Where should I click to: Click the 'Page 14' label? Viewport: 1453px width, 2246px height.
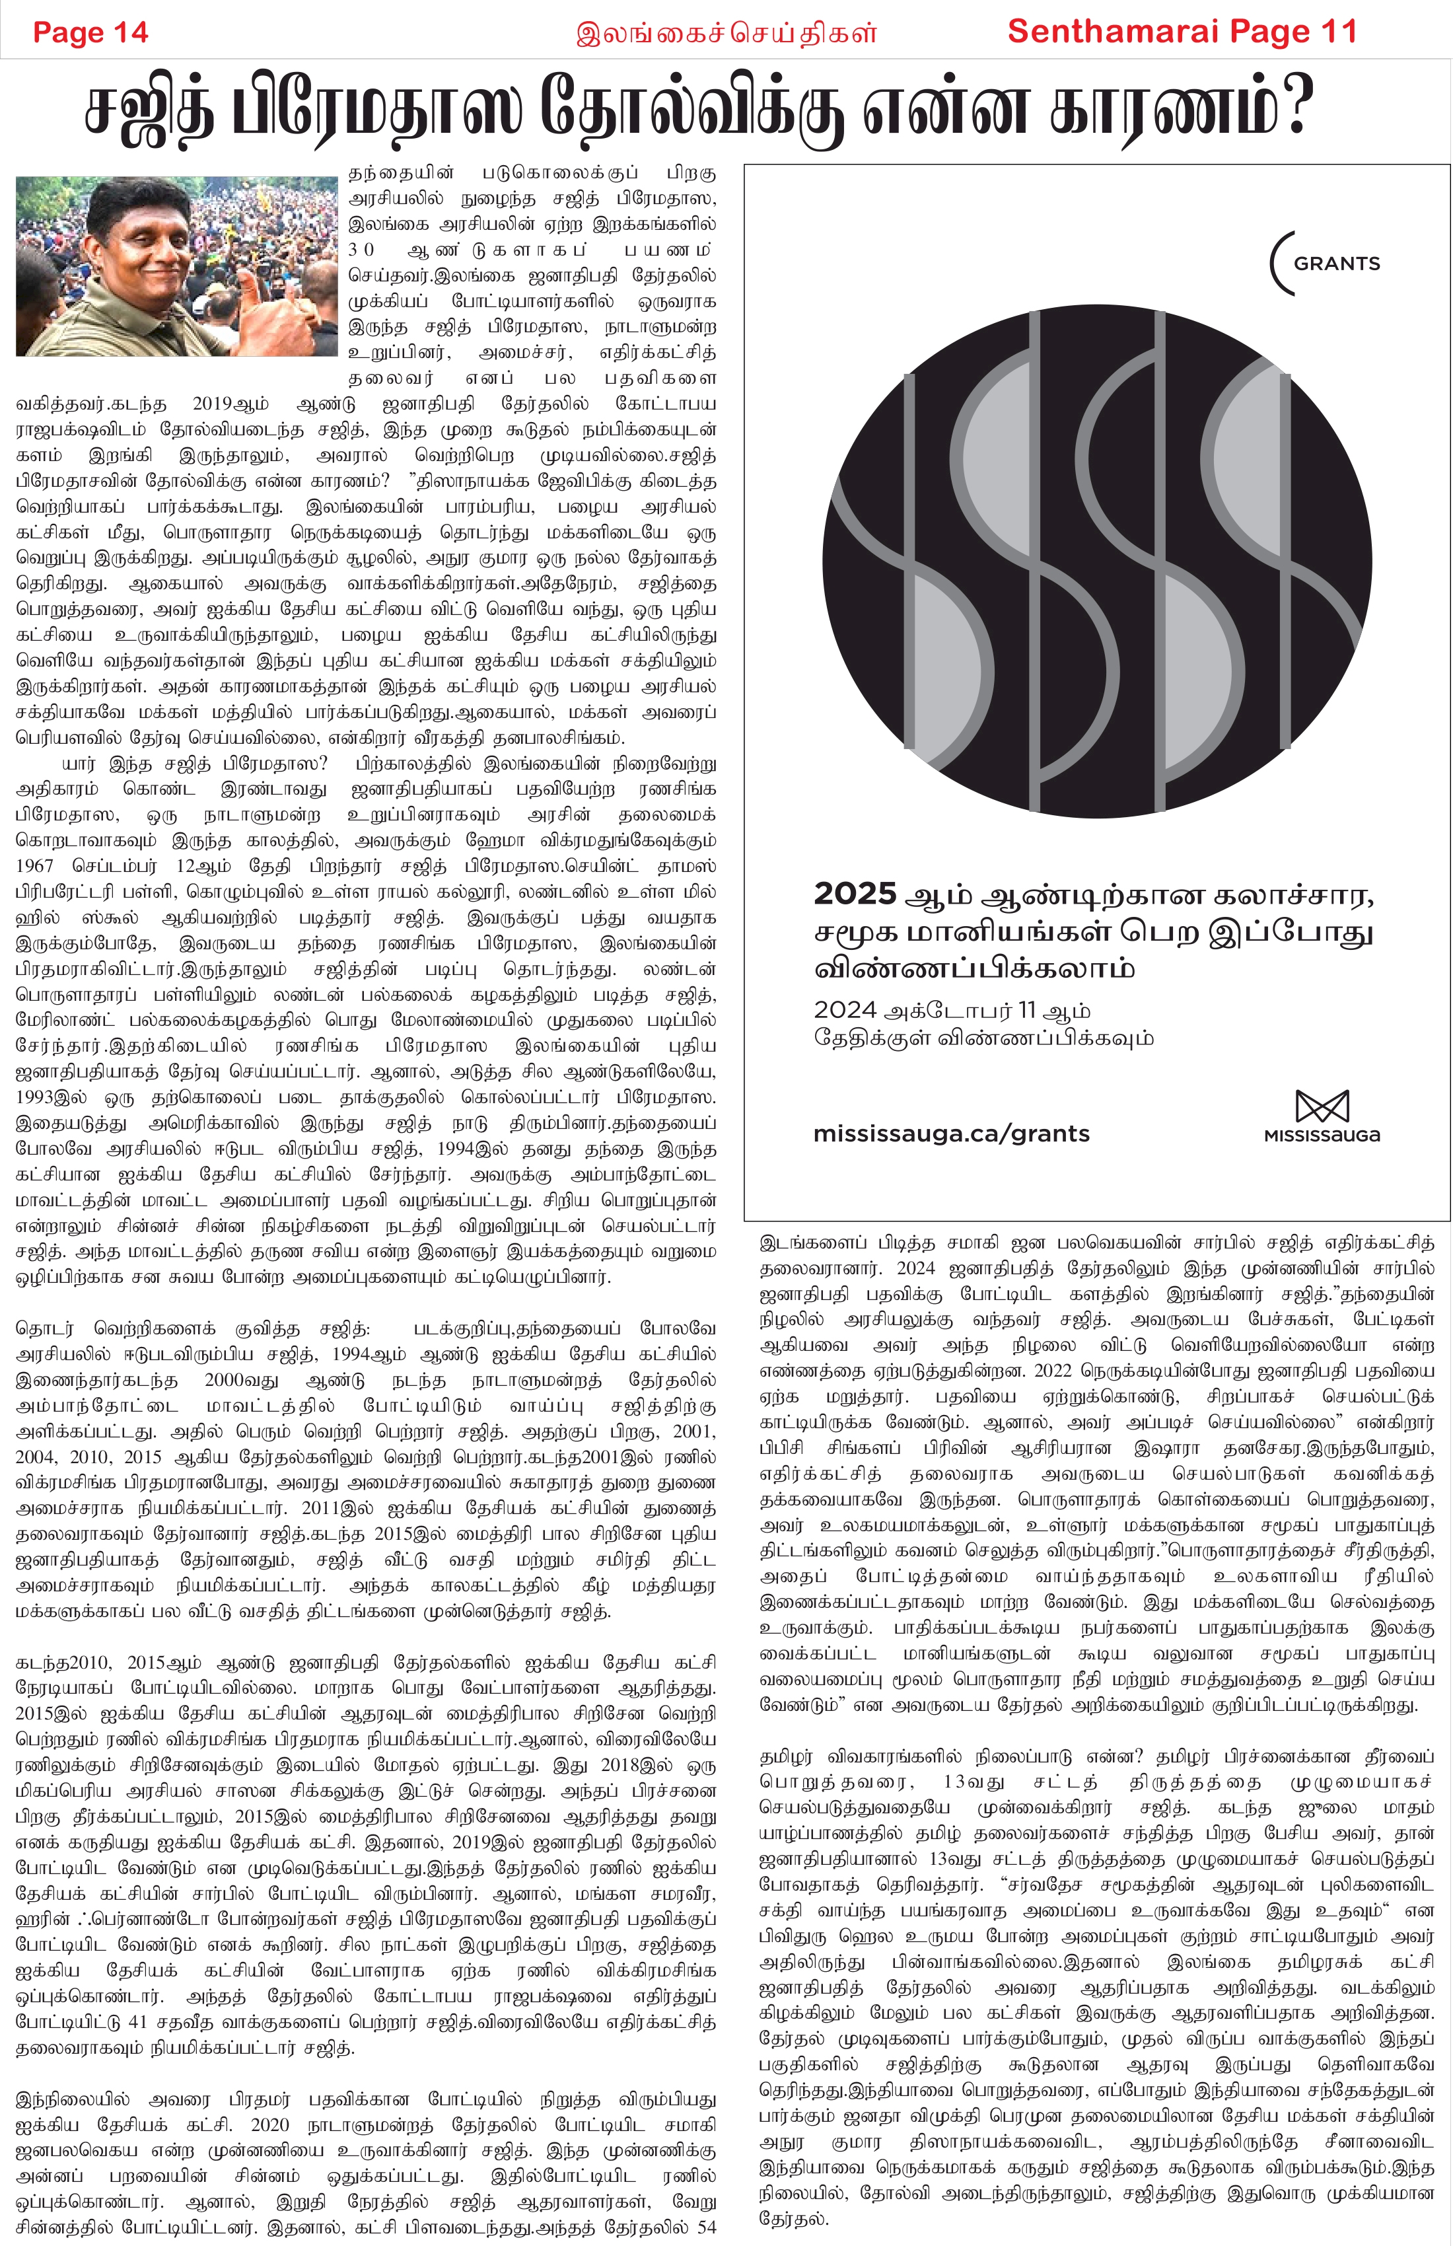[x=90, y=32]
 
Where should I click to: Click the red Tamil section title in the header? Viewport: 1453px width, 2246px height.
[x=726, y=34]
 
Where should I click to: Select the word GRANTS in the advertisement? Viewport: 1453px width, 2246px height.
[x=1336, y=264]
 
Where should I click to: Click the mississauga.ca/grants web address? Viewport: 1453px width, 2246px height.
[x=951, y=1134]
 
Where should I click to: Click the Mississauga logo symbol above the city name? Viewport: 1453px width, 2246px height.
[x=1321, y=1106]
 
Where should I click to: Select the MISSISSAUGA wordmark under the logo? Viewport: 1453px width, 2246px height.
[x=1321, y=1136]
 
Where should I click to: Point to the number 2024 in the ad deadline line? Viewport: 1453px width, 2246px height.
[x=845, y=1011]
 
